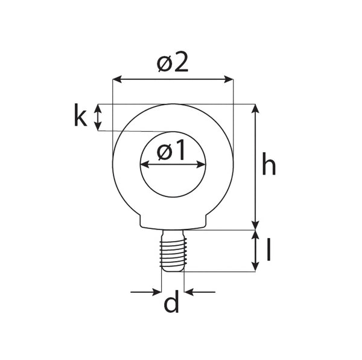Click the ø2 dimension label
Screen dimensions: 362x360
173,62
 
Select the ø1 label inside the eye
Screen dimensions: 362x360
171,150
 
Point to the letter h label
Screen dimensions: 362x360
269,164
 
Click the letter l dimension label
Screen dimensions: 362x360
268,249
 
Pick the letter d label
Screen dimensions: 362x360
171,301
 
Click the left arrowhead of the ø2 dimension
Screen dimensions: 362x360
117,79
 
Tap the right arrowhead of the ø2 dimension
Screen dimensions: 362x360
229,79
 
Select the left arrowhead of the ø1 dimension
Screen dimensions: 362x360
145,165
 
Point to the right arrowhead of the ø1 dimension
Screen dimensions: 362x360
201,165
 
